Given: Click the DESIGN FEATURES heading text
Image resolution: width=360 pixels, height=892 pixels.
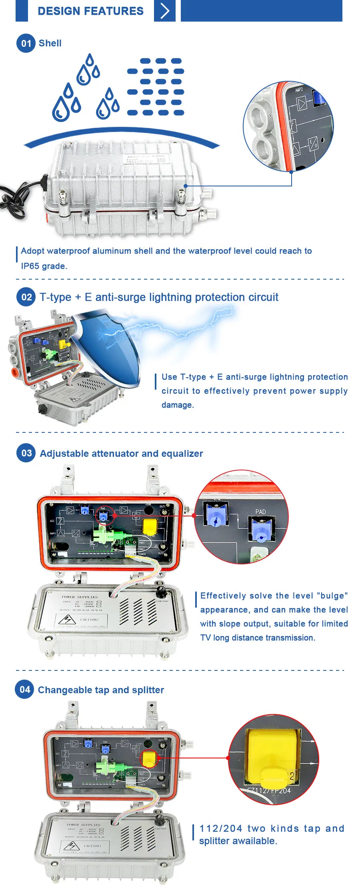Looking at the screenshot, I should tap(90, 11).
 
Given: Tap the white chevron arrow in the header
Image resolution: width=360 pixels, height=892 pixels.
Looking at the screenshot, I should tap(165, 11).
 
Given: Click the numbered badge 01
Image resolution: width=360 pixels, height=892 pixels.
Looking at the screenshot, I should tap(26, 43).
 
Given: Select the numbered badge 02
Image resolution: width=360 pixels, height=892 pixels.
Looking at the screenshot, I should tap(26, 297).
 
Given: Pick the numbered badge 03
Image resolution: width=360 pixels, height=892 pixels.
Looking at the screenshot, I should tap(26, 453).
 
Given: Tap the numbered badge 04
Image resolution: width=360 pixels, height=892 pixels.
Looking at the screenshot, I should tap(25, 690).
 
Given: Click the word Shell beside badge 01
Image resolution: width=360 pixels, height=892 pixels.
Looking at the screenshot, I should tap(50, 43).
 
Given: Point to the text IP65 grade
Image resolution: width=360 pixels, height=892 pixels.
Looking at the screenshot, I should tap(44, 266).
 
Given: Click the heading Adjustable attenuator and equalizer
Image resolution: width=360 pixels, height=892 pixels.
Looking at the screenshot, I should tap(121, 454).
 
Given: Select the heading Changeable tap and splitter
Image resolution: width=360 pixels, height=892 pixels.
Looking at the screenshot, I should tap(101, 690).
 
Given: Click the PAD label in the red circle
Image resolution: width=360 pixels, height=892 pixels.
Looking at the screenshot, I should tap(260, 512).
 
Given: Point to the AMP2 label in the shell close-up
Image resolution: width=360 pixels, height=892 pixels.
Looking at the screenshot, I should tap(299, 90).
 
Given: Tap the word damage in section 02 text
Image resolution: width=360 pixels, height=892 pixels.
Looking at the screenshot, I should tap(177, 405).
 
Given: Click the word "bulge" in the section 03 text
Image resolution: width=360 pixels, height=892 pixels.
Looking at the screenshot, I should tap(332, 596).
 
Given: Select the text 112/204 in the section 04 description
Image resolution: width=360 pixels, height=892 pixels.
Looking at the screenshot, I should tap(221, 828).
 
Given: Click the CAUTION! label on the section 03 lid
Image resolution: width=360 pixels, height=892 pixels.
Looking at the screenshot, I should tap(89, 620).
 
